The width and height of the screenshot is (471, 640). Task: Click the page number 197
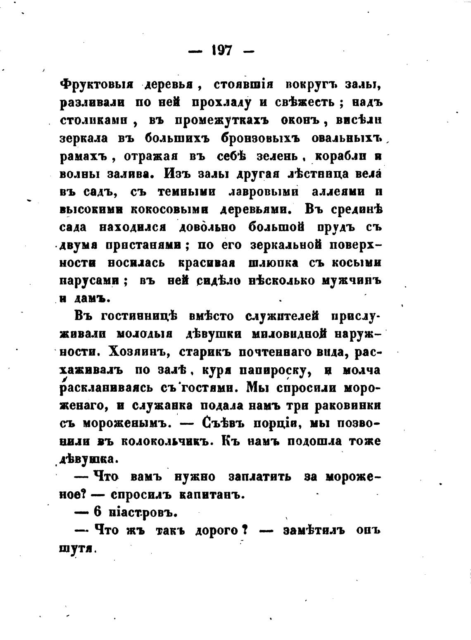[x=221, y=51]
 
